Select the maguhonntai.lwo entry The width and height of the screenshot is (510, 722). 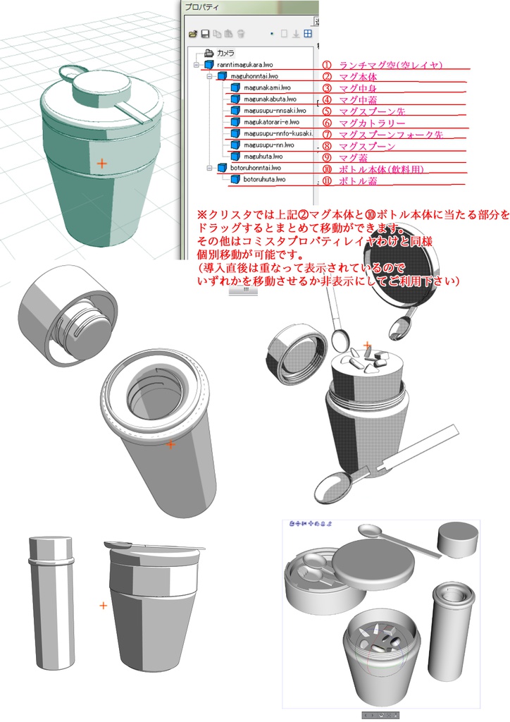pos(256,75)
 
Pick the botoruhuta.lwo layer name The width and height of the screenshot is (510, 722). pos(264,179)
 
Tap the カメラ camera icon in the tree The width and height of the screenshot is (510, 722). pos(209,53)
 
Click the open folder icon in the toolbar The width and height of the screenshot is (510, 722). pos(192,33)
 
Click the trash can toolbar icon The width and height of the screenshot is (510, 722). pos(240,33)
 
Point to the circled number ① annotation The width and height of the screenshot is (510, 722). pos(327,65)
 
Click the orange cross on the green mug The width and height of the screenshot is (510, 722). pos(102,163)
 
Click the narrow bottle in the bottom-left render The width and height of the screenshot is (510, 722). pos(51,603)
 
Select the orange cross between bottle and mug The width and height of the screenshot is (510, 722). pos(103,605)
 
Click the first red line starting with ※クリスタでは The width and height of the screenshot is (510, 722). pos(352,216)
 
